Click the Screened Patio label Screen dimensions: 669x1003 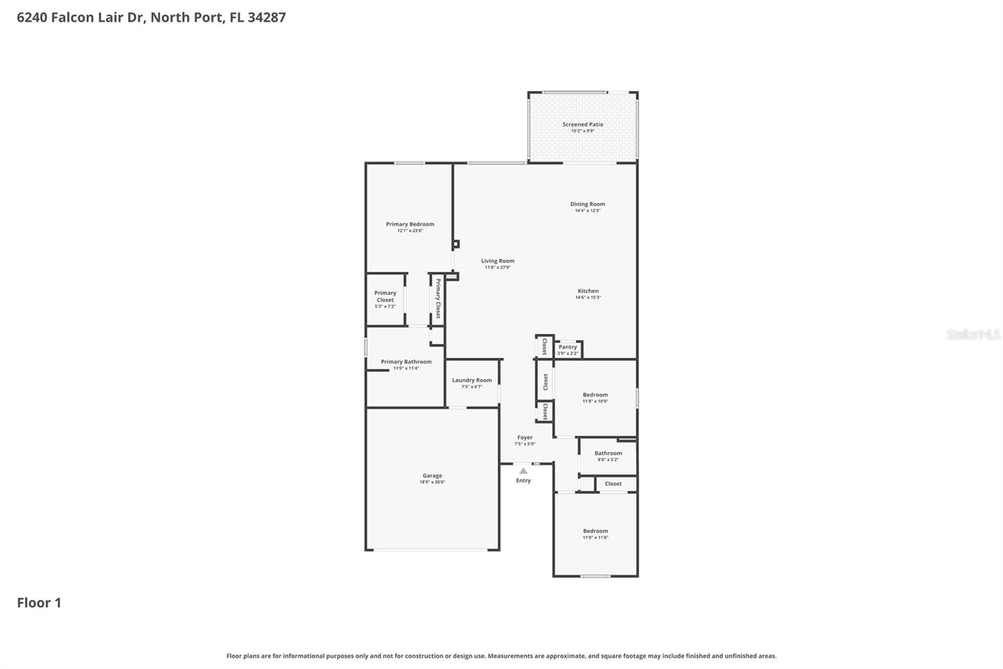(582, 124)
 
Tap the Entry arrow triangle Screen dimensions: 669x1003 (523, 471)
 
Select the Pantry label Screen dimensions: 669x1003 (567, 347)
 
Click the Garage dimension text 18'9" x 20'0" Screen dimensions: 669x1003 (432, 482)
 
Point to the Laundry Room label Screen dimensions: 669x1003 (471, 380)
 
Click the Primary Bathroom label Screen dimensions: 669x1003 (406, 361)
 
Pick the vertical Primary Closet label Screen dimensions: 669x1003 (438, 299)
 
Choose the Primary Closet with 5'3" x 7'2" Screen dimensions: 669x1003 (385, 297)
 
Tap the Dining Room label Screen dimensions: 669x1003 (587, 204)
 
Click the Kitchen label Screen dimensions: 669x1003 (587, 291)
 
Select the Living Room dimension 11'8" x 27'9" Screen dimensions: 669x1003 (498, 267)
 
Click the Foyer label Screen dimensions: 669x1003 (525, 437)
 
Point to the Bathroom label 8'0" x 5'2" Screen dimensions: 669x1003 (608, 453)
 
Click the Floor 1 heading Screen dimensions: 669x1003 (39, 602)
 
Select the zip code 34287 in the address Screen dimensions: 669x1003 (266, 18)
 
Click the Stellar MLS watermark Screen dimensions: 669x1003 (973, 334)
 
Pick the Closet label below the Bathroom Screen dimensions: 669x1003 (613, 484)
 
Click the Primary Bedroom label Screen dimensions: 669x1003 (410, 224)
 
